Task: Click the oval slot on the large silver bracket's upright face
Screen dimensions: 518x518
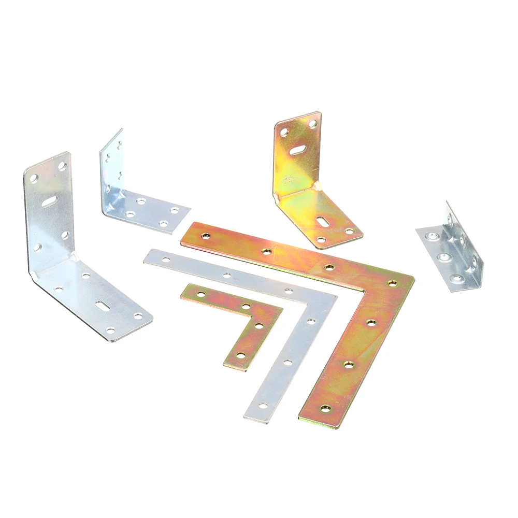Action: point(50,200)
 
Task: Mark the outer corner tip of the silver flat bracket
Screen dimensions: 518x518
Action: point(336,297)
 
